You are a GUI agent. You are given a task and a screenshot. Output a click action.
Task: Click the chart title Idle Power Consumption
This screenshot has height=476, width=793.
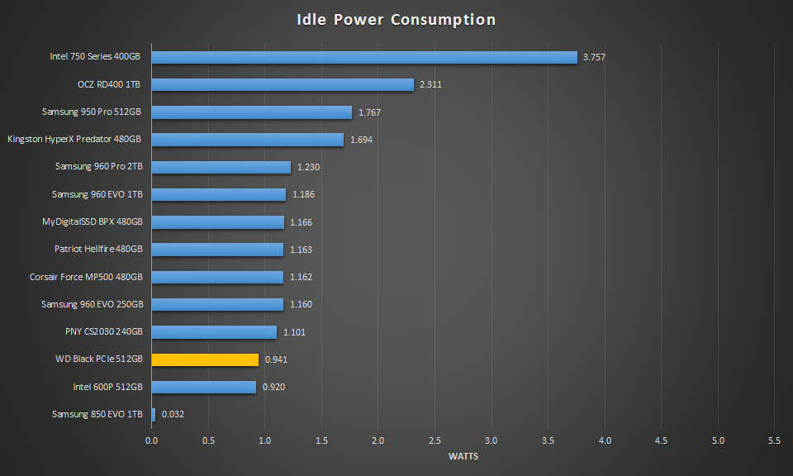pyautogui.click(x=396, y=20)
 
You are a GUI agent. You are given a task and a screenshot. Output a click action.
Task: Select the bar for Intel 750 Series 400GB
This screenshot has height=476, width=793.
pyautogui.click(x=363, y=57)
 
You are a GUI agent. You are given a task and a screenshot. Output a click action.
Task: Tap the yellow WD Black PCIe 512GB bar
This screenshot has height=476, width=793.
pyautogui.click(x=205, y=359)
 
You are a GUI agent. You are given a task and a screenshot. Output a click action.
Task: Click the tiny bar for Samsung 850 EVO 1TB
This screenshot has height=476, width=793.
pyautogui.click(x=153, y=414)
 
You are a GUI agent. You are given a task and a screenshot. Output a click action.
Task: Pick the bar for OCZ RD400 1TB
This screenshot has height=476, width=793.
pyautogui.click(x=282, y=84)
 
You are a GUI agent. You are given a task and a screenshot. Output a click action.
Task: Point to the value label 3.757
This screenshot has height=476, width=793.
pyautogui.click(x=596, y=57)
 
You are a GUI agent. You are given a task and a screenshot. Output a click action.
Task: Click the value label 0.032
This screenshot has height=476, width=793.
pyautogui.click(x=173, y=414)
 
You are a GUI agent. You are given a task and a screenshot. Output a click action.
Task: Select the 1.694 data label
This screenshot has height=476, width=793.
pyautogui.click(x=361, y=140)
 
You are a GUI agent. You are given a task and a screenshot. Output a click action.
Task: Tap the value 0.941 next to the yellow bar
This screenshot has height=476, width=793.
pyautogui.click(x=276, y=359)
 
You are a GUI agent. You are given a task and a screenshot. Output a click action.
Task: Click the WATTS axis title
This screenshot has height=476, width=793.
pyautogui.click(x=463, y=456)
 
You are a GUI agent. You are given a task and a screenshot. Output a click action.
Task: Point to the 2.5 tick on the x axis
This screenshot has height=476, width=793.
pyautogui.click(x=435, y=441)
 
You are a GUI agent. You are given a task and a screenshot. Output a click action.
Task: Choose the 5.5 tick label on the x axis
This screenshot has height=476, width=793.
pyautogui.click(x=775, y=441)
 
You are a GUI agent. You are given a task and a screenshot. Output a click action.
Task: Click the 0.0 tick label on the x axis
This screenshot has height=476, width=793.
pyautogui.click(x=151, y=441)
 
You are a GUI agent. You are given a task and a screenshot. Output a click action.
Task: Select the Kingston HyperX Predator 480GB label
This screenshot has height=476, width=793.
pyautogui.click(x=74, y=139)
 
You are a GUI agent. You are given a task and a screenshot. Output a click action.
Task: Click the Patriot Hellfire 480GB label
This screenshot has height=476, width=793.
pyautogui.click(x=98, y=249)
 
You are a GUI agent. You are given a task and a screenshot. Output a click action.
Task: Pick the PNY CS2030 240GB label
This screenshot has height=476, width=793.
pyautogui.click(x=104, y=331)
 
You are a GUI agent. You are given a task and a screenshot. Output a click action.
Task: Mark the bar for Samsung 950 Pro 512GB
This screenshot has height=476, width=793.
pyautogui.click(x=251, y=112)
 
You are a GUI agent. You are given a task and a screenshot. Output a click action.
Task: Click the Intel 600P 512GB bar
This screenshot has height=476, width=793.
pyautogui.click(x=203, y=387)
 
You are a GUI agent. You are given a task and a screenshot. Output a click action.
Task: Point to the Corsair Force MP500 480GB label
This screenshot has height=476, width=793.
pyautogui.click(x=86, y=277)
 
